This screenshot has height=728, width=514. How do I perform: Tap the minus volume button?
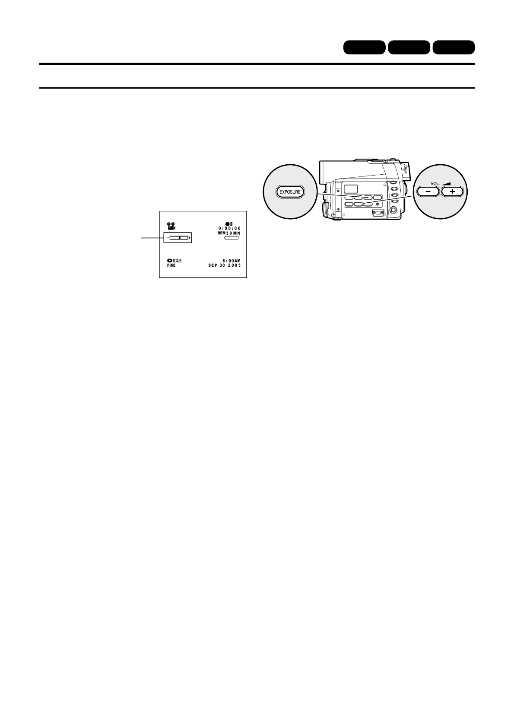coord(426,192)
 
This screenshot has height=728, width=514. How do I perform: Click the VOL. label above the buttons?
coord(435,183)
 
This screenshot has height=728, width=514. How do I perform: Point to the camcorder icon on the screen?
coord(171,225)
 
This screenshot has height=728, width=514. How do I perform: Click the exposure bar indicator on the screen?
coord(179,238)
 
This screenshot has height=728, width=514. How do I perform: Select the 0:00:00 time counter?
coord(229,228)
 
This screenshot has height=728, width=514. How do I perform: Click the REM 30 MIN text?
coord(229,233)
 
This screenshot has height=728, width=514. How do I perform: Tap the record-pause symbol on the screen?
coord(229,223)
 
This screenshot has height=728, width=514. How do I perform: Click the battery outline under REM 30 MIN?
coord(232,238)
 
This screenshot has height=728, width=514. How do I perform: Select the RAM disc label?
coord(175,261)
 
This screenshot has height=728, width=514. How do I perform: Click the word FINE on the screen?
coord(171,265)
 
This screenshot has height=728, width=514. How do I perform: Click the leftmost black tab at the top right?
coord(364,47)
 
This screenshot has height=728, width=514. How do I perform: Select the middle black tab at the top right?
coord(409,47)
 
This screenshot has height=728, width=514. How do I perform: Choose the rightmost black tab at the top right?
coord(454,47)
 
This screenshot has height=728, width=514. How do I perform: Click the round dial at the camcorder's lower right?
coord(393,210)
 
